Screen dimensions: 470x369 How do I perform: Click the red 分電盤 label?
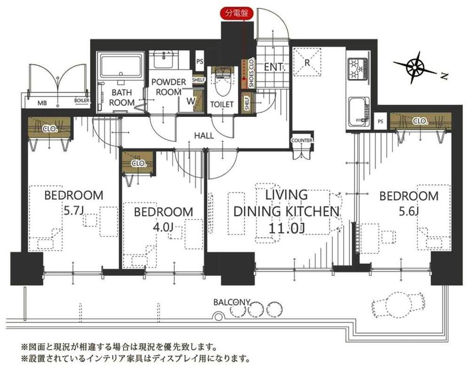click(237, 13)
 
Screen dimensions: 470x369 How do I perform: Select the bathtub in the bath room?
click(121, 67)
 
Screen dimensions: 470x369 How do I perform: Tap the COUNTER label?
click(302, 140)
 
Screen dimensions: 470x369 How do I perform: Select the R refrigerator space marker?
click(307, 63)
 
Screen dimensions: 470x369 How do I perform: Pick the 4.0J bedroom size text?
click(163, 227)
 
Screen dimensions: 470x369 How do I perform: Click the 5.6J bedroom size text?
click(408, 212)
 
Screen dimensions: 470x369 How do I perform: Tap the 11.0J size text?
click(286, 228)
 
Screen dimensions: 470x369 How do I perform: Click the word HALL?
click(204, 135)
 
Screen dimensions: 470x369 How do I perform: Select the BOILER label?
click(81, 101)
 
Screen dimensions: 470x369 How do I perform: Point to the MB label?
click(42, 103)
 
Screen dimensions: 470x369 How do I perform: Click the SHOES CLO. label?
click(251, 72)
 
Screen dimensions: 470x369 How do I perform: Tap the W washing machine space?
click(191, 101)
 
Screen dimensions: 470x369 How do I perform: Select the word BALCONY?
click(231, 302)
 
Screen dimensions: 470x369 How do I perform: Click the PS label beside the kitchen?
click(380, 122)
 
